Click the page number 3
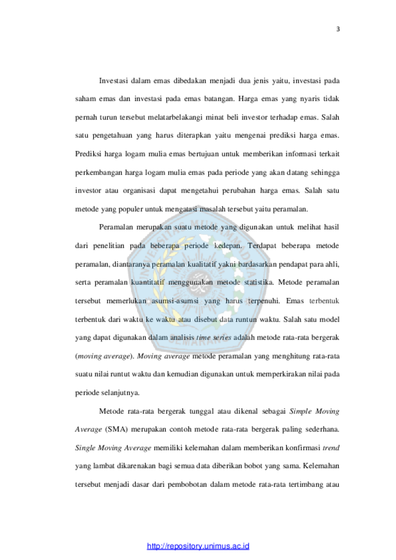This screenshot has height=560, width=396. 338,29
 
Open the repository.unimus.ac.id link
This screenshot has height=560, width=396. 198,546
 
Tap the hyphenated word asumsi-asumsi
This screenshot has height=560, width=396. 175,301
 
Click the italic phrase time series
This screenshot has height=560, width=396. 213,338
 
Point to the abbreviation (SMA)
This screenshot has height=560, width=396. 116,429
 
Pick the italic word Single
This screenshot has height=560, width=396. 85,448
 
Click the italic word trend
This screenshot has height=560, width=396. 331,448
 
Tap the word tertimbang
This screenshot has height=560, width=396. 306,484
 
